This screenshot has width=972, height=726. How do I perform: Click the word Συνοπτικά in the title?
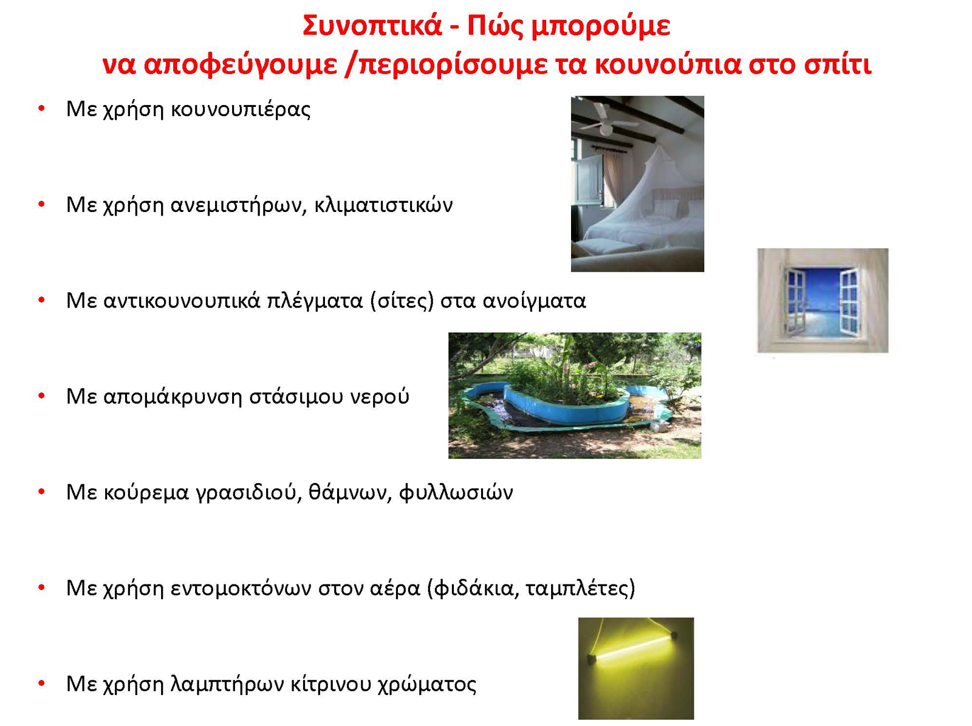point(372,26)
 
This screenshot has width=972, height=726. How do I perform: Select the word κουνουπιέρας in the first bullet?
point(241,109)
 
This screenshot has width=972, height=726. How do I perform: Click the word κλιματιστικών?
point(383,205)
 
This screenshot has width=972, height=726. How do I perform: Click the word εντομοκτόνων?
point(241,588)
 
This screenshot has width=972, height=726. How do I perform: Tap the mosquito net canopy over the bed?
point(646,195)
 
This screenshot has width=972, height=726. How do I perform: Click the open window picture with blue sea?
point(823,301)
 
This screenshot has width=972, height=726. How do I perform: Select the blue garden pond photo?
point(575,396)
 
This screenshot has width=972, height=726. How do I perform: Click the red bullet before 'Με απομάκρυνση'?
point(42,396)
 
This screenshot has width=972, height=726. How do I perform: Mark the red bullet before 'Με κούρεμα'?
point(42,492)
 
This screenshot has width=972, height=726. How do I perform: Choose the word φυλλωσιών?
point(456,492)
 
